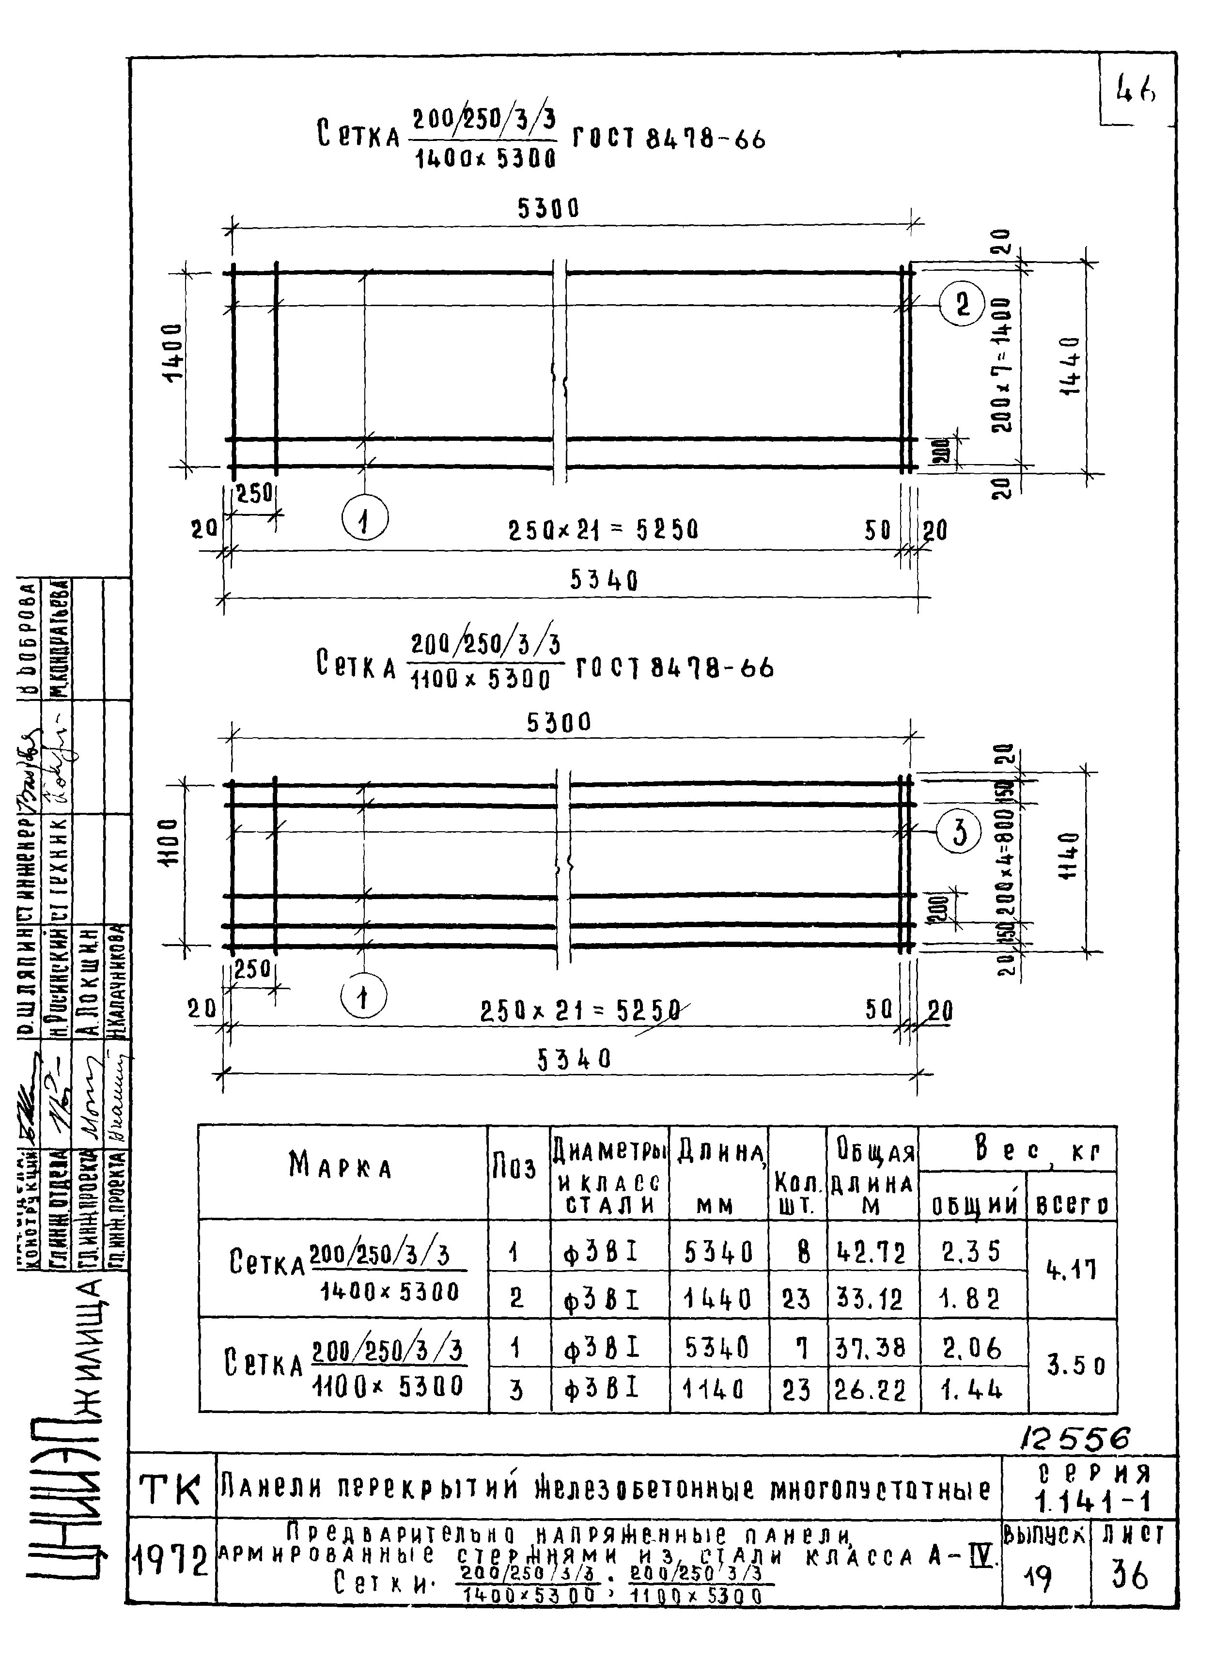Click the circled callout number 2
tap(962, 305)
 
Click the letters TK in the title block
tap(171, 1491)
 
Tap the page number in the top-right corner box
tap(1135, 91)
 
